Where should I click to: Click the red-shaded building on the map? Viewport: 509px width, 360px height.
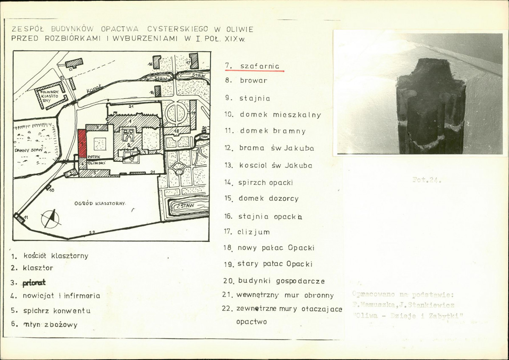coord(82,143)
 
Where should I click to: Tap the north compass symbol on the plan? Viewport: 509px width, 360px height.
coord(51,218)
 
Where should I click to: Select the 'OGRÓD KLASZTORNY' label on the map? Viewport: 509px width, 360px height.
coord(100,203)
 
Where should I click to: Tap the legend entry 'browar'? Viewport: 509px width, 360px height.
coord(253,80)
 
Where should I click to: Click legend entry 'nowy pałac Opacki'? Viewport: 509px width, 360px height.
coord(276,247)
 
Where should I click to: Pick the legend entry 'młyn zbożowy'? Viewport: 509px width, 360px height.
coord(50,325)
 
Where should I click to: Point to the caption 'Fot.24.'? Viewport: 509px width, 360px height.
coord(427,180)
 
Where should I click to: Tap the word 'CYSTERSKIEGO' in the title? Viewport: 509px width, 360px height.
coord(178,29)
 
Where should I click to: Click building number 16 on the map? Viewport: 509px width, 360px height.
coord(156,64)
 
